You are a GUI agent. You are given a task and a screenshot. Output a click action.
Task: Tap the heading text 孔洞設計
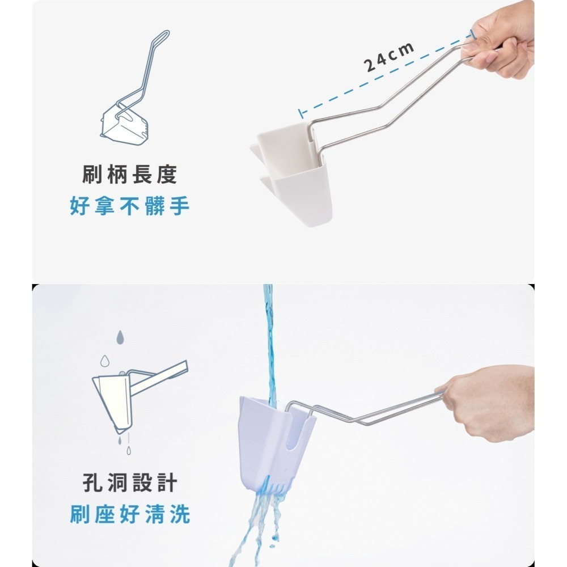tap(130, 484)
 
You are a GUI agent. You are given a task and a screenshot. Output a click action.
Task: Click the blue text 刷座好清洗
tap(130, 515)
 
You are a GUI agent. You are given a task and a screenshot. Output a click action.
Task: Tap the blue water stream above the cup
tap(267, 340)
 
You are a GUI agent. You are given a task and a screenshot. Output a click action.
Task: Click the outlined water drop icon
tap(104, 361)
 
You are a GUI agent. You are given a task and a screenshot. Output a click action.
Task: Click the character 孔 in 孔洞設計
tap(92, 484)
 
